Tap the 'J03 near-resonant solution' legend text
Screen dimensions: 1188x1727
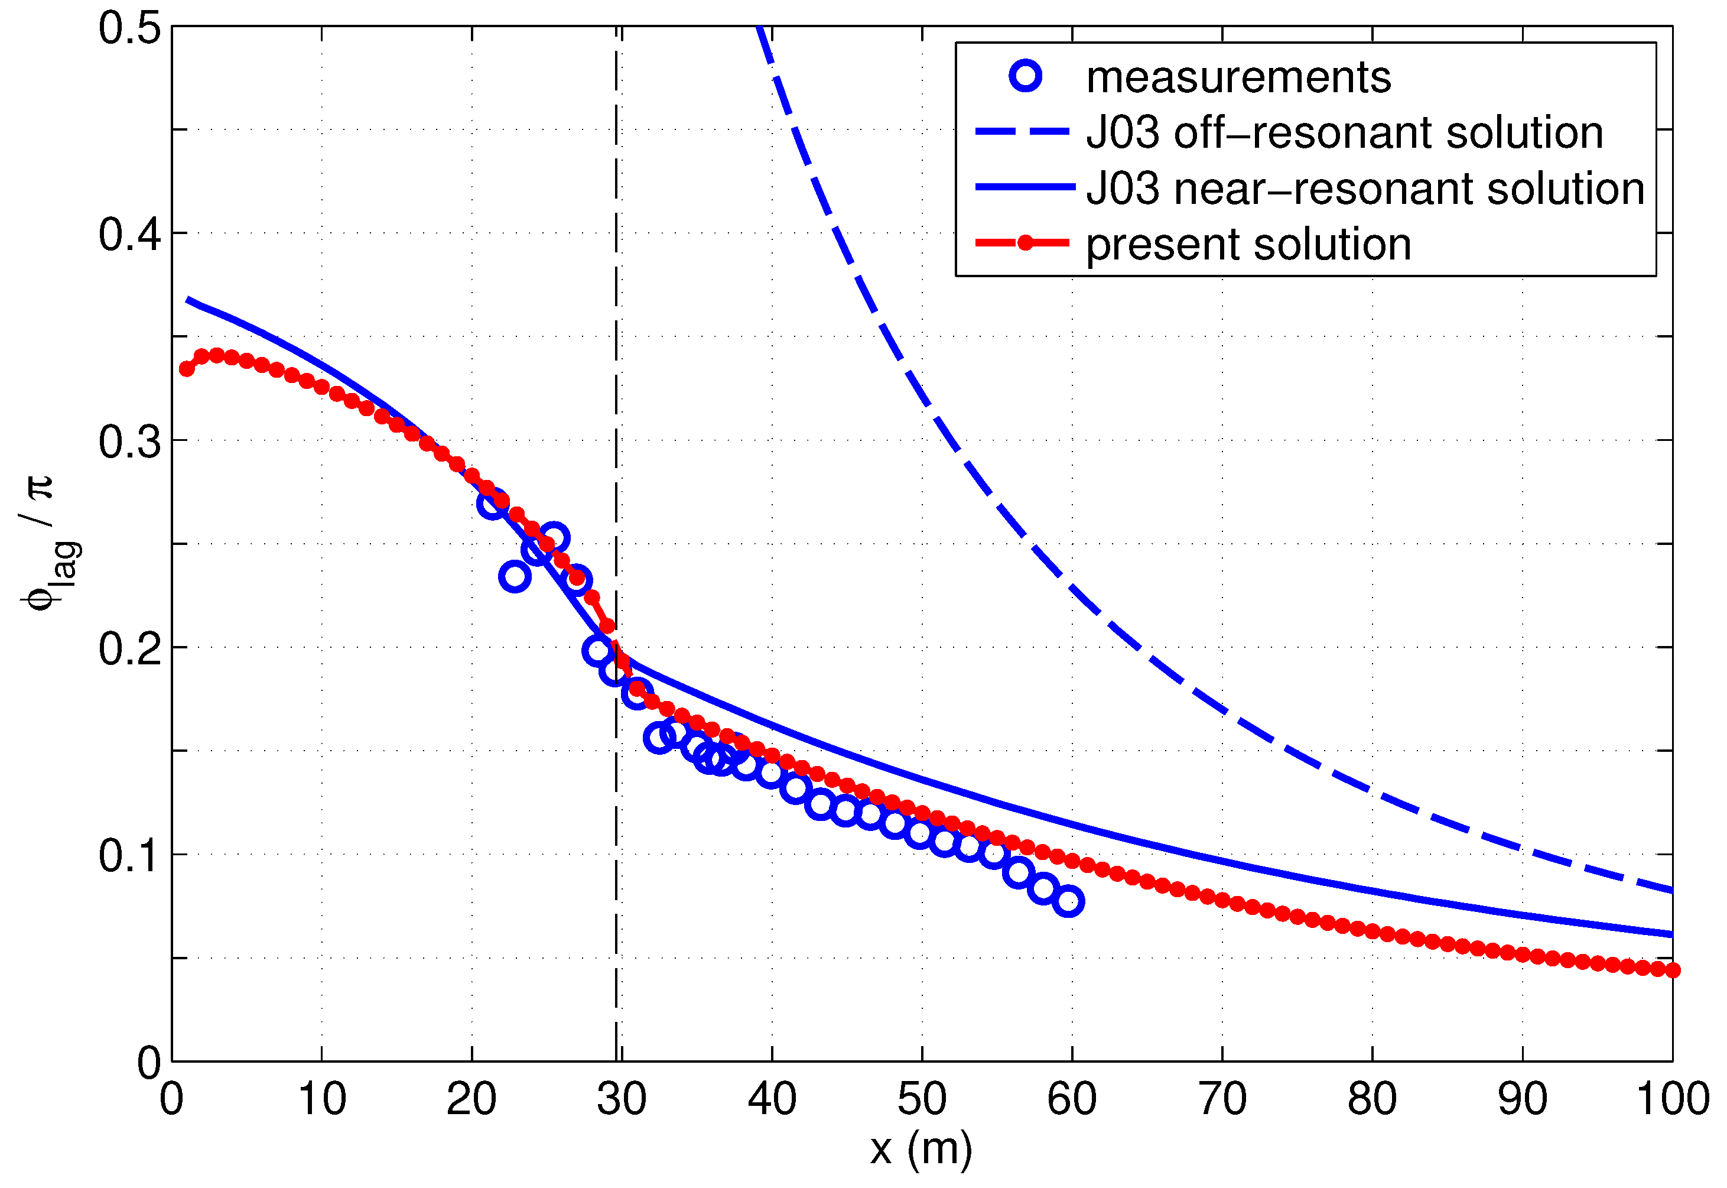(x=1365, y=189)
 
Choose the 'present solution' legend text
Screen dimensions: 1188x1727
(x=1248, y=244)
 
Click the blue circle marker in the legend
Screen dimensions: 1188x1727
(x=1025, y=76)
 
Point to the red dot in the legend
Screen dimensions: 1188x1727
(x=1025, y=243)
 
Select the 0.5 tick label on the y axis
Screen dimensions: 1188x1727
(x=129, y=28)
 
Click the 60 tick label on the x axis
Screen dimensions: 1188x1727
(x=1071, y=1099)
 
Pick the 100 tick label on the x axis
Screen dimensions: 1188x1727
(x=1671, y=1099)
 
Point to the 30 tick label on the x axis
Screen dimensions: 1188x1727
(x=622, y=1099)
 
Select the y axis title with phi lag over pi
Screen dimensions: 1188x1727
(x=48, y=543)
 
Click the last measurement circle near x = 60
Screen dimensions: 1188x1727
(x=1068, y=901)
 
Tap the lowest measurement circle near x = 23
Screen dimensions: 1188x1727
(x=514, y=576)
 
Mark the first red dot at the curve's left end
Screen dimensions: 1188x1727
(x=187, y=368)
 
